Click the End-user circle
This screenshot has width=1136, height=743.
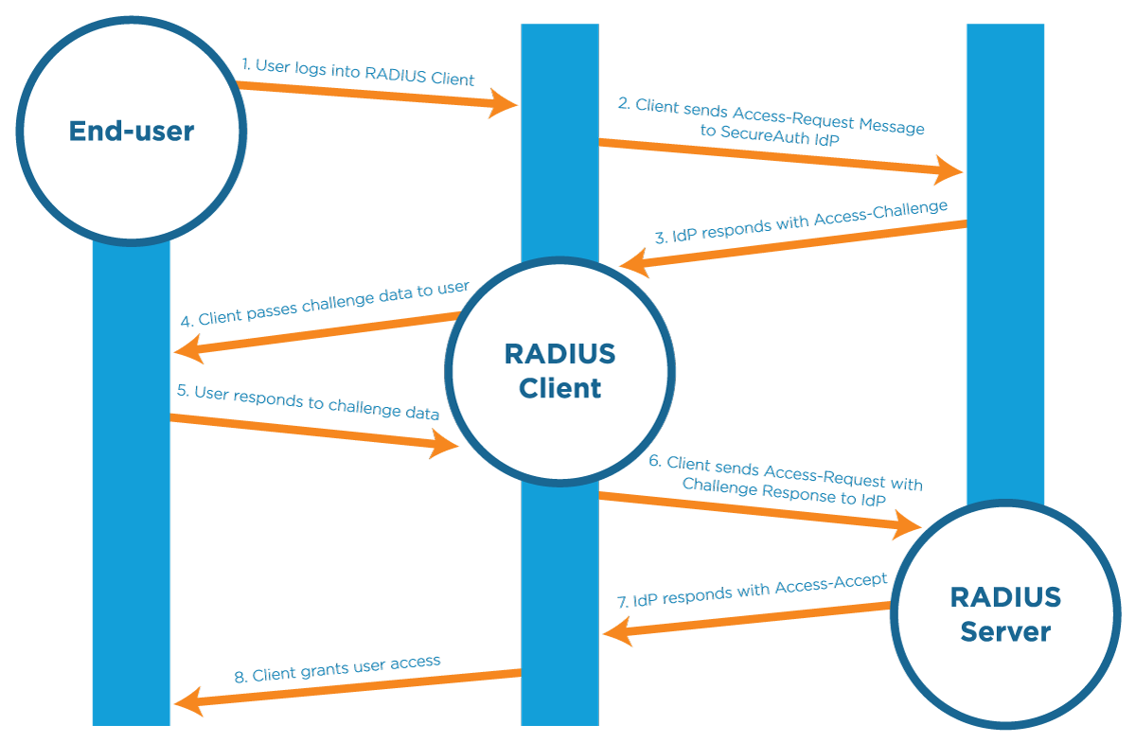[131, 130]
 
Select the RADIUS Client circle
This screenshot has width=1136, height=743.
[559, 370]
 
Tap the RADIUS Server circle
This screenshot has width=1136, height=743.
[1005, 613]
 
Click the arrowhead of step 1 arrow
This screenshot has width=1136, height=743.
[504, 103]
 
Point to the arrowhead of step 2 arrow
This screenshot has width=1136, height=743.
[949, 171]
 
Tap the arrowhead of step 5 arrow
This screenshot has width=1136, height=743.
[444, 443]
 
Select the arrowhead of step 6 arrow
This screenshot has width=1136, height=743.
[908, 524]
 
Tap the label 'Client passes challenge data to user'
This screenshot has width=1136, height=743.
[325, 303]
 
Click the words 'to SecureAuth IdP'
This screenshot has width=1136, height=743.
[770, 136]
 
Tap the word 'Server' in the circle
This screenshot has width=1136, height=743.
[1005, 631]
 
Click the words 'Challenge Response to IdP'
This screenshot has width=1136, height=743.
[784, 493]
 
